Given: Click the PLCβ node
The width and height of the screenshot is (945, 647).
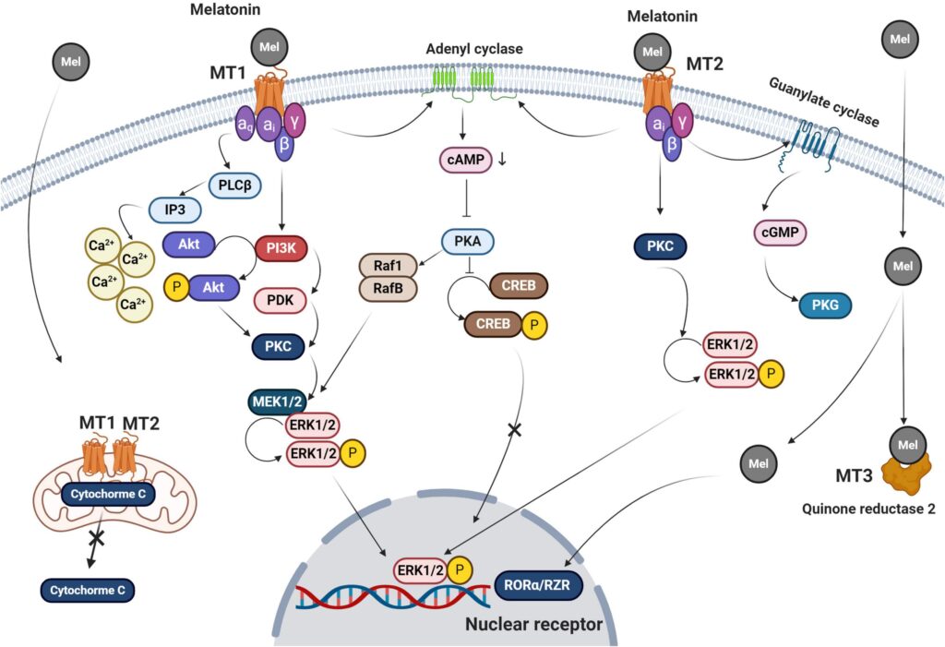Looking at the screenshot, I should pos(234,186).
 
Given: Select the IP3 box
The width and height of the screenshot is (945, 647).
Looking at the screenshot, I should pos(176,211).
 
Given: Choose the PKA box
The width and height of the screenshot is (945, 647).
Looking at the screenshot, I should pos(467,243).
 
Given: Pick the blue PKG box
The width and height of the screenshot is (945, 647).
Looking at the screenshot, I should pos(820,306).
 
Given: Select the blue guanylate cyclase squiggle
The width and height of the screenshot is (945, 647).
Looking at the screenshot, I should pos(811,136).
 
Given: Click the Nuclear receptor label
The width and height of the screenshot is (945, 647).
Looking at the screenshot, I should pos(534,626).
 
